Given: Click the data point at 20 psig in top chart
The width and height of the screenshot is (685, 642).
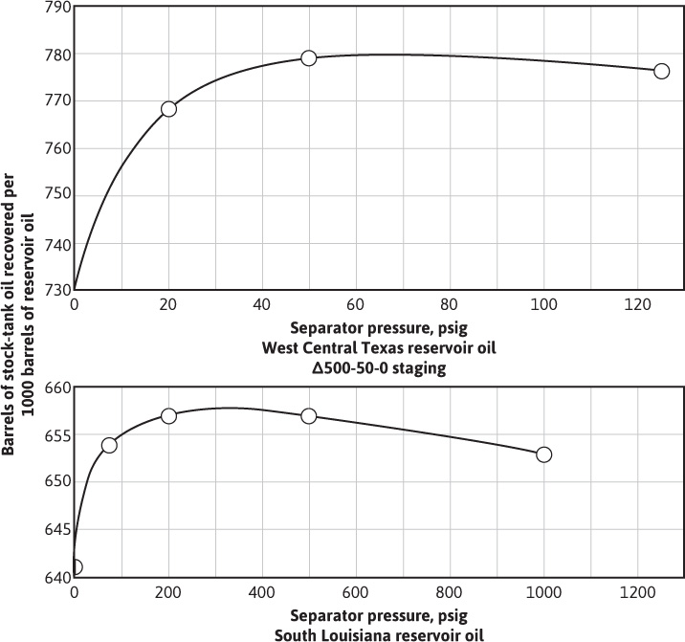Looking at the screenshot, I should [168, 109].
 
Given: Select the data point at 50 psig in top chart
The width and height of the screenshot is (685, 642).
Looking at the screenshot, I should [308, 58].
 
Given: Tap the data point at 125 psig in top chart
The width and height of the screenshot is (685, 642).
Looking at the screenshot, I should [661, 71].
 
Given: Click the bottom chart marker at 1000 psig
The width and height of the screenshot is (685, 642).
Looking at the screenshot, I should [544, 454].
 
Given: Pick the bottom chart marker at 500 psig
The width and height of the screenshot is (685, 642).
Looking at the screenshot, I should [308, 416].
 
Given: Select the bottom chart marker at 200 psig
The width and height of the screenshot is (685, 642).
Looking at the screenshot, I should [168, 416].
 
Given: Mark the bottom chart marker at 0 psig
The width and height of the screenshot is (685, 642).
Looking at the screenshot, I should [76, 567].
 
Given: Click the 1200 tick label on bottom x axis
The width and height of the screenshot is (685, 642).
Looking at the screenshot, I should [638, 593].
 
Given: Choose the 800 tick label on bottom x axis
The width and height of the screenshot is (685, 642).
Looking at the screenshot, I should [450, 593].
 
